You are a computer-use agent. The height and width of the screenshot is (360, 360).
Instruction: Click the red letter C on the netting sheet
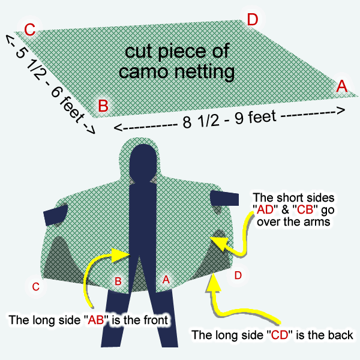[30, 30]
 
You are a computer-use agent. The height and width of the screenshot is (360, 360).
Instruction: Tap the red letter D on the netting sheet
[253, 20]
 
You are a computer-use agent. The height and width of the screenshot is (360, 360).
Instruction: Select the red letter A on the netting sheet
[342, 86]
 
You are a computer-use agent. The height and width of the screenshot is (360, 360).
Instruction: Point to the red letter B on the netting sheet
[103, 106]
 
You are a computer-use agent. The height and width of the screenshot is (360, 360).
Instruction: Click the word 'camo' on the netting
[143, 71]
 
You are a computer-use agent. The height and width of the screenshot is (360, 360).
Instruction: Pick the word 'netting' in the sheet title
[205, 71]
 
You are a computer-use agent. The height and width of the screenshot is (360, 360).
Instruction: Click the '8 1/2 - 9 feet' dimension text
[229, 119]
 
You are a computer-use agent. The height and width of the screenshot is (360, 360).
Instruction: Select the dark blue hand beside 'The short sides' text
[224, 198]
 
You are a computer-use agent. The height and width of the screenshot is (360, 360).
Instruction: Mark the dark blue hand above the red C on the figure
[55, 215]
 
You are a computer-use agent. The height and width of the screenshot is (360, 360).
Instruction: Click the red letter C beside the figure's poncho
[35, 287]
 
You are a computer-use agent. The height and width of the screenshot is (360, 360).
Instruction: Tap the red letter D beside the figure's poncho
[238, 275]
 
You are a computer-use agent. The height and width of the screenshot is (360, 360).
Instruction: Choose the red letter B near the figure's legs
[118, 281]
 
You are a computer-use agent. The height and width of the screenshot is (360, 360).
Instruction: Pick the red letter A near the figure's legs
[166, 280]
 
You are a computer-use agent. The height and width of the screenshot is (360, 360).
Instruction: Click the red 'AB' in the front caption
[96, 320]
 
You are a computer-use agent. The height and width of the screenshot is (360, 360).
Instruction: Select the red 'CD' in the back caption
[280, 335]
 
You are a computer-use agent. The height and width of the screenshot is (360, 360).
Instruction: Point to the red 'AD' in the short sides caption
[265, 209]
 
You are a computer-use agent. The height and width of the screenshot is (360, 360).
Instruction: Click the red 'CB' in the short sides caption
[305, 209]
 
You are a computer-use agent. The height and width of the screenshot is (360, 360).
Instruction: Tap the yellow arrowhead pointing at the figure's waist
[120, 255]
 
